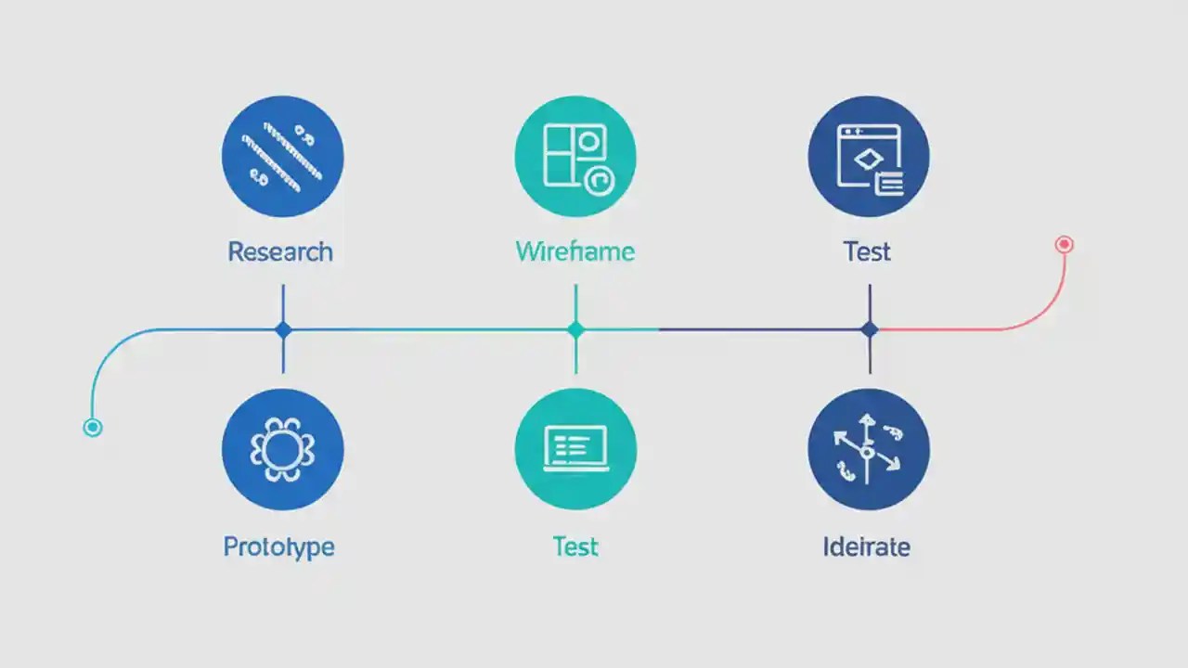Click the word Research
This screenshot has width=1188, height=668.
(279, 251)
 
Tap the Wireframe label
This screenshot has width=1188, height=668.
(575, 251)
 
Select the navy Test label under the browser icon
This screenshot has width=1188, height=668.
(867, 251)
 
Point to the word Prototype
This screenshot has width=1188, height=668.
(278, 546)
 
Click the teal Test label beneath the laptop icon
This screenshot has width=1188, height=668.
(575, 546)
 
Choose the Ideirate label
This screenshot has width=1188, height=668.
(866, 546)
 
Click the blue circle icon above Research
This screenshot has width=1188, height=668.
(283, 156)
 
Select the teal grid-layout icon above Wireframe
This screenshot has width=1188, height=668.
(575, 156)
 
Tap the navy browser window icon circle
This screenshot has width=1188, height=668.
(869, 156)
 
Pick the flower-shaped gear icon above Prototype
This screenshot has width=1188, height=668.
(283, 450)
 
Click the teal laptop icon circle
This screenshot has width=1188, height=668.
(575, 450)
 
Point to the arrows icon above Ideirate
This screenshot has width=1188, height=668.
(869, 450)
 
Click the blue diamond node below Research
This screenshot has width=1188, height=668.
(283, 329)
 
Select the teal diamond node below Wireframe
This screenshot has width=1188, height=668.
(575, 329)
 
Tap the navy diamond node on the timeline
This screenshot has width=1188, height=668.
(870, 329)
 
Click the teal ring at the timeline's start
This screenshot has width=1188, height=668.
(92, 428)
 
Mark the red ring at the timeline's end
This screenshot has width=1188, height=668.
(1065, 245)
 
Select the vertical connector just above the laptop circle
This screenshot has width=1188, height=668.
(575, 357)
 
